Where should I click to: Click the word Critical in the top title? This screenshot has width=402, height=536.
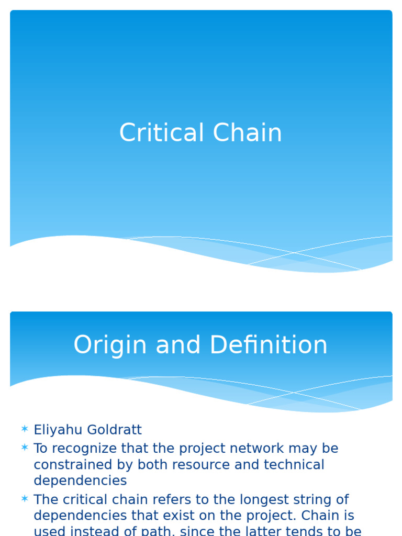[162, 133]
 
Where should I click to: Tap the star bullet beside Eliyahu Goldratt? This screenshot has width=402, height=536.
[25, 430]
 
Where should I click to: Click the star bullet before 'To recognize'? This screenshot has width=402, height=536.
[25, 448]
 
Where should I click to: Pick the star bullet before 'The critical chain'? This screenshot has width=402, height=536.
[25, 499]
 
